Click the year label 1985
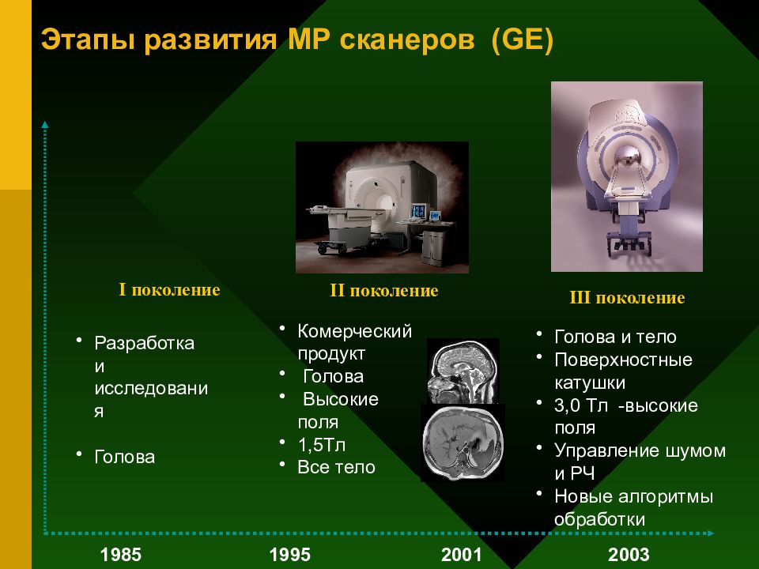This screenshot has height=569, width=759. pos(120,554)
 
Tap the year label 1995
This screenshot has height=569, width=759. pos(289,554)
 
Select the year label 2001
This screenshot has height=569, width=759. pos(461,554)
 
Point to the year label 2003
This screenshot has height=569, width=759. pos(629,554)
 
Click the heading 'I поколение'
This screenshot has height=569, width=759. pos(169,290)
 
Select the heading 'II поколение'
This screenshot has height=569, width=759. pos(384,290)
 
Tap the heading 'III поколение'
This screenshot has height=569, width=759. pos(627,298)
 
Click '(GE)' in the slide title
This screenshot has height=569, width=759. pos(522,40)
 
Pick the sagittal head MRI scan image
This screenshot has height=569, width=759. pos(463,371)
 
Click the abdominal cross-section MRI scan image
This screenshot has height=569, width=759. pos(463,443)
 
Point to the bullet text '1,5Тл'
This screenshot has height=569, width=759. pos(322,445)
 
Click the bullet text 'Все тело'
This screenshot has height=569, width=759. pos(337,467)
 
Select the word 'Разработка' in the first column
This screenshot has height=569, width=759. pos(144,343)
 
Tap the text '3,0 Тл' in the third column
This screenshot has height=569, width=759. pos(581,405)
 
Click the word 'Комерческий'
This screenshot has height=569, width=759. pos(355,331)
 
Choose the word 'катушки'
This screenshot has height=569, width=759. pos(590,382)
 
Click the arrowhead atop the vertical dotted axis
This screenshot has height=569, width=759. pos(45,125)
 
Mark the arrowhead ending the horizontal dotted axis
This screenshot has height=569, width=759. pos(710,533)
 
